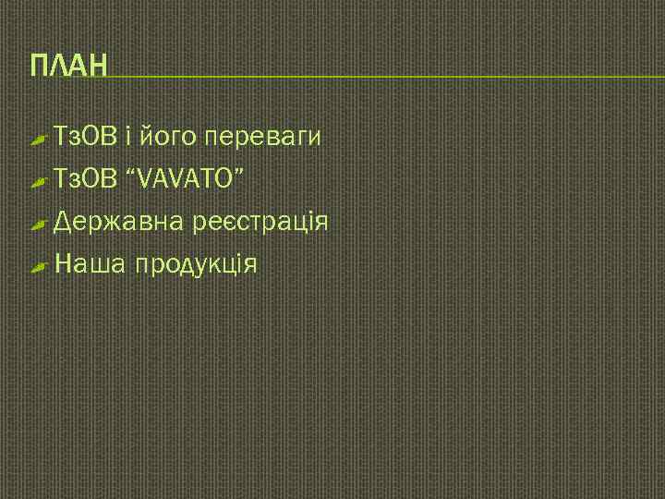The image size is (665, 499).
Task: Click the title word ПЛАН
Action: (x=68, y=67)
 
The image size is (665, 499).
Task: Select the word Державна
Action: (x=119, y=223)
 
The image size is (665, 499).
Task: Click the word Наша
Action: (x=91, y=265)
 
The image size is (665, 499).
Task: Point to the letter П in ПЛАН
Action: (x=40, y=67)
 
